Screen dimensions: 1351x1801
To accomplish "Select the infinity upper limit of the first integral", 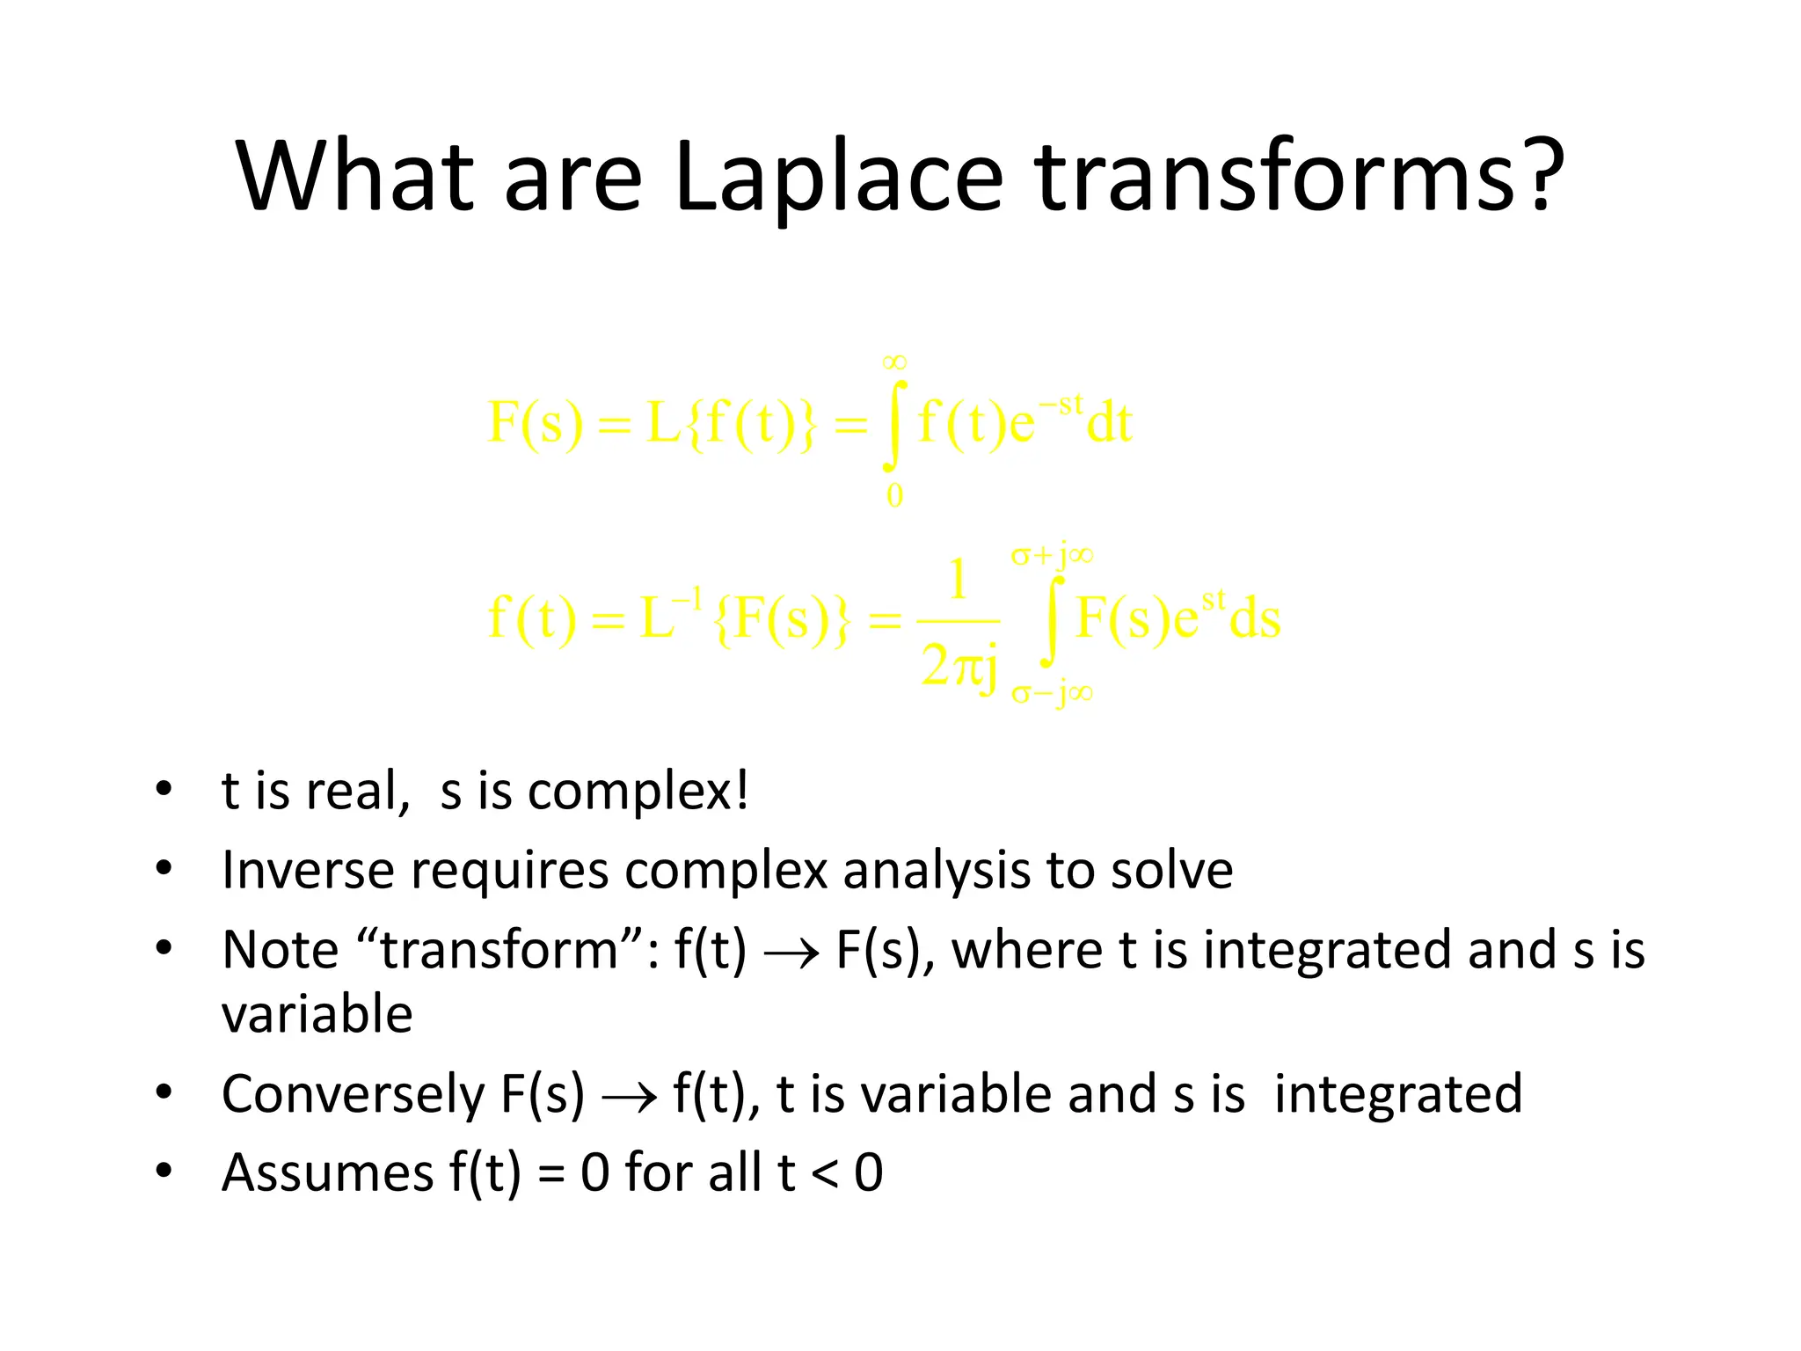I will coord(894,361).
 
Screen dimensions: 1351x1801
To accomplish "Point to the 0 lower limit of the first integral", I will coord(894,496).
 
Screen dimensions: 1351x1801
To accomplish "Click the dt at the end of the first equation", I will coord(1109,424).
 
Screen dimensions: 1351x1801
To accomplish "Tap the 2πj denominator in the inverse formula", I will coord(959,666).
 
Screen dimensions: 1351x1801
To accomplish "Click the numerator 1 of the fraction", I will coord(958,581).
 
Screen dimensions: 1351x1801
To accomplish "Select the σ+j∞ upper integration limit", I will coord(1052,555).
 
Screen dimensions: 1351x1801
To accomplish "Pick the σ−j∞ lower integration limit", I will coord(1052,694).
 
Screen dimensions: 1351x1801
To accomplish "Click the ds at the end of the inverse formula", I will coord(1255,618).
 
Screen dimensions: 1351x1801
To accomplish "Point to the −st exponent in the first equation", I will coord(1061,405).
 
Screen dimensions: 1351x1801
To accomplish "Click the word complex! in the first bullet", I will coord(638,791).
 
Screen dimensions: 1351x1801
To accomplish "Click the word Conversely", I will coord(353,1094).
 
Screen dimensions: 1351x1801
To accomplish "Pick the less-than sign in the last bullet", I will coord(824,1174).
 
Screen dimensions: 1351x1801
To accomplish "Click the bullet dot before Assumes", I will coord(164,1171).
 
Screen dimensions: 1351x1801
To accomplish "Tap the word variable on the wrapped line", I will coord(317,1015).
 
